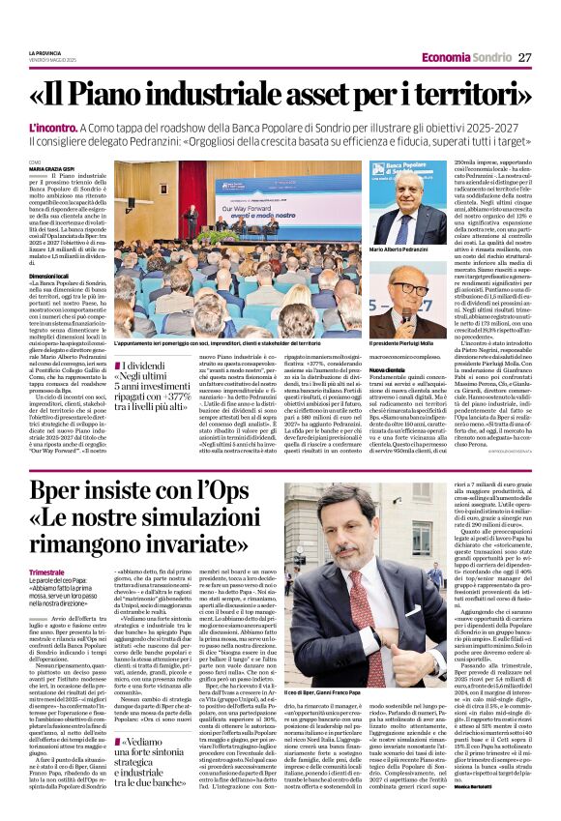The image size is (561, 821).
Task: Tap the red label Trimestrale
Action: (74, 545)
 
